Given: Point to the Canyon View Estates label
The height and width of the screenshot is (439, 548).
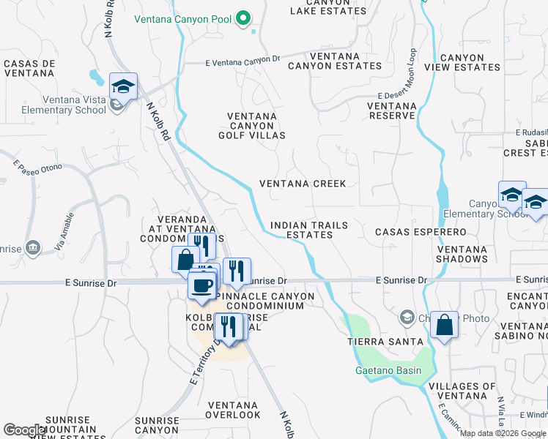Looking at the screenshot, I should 462,62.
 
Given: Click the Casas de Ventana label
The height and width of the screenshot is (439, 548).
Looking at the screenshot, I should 30,69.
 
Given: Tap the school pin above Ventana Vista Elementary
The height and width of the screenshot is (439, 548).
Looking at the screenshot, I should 124,87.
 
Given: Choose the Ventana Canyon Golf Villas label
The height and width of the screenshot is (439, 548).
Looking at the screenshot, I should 252,126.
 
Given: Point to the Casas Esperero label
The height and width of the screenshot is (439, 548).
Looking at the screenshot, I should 421,232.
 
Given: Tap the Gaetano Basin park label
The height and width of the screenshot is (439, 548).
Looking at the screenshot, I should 388,370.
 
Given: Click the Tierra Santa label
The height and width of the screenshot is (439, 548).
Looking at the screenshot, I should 385,342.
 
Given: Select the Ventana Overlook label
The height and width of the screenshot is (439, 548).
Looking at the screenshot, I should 234,410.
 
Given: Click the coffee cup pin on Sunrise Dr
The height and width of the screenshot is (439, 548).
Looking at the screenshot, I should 202,285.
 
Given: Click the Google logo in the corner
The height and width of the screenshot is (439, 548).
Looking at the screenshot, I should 25,430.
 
